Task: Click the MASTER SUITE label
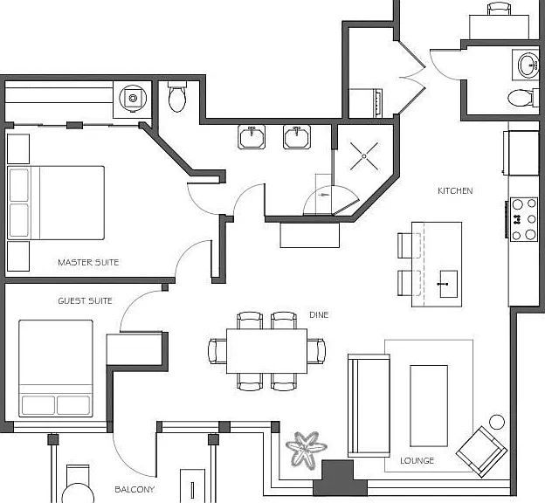[x=88, y=263]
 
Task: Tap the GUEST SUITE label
[x=86, y=301]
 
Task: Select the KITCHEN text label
[x=455, y=191]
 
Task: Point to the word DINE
[x=319, y=315]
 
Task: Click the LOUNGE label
[x=417, y=461]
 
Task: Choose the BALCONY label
[x=135, y=489]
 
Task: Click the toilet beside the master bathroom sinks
[x=177, y=97]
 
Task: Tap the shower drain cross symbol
[x=364, y=156]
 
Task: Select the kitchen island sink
[x=448, y=284]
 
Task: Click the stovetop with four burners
[x=524, y=219]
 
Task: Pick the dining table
[x=266, y=351]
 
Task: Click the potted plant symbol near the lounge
[x=306, y=450]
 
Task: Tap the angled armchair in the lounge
[x=481, y=451]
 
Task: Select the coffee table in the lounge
[x=429, y=406]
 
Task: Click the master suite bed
[x=56, y=203]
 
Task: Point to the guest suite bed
[x=56, y=369]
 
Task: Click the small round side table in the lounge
[x=497, y=423]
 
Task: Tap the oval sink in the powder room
[x=528, y=65]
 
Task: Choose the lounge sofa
[x=369, y=405]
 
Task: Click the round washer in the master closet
[x=133, y=99]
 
